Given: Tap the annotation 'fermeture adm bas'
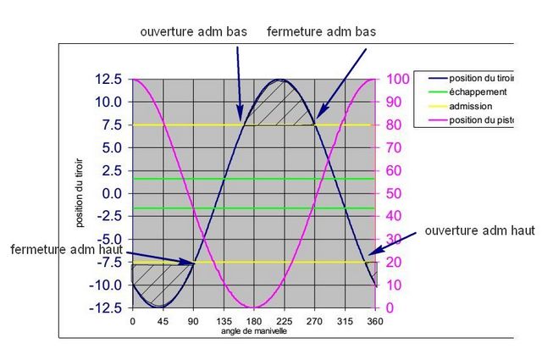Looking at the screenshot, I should tap(321, 31).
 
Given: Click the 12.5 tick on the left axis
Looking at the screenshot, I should tap(108, 80).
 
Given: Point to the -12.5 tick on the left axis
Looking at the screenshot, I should tap(106, 307).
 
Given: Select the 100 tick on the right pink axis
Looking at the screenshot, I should tap(399, 80).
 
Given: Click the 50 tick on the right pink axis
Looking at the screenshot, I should tap(395, 193).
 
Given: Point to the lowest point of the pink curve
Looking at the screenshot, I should tap(253, 307).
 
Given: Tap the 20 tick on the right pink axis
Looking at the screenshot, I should tap(395, 262).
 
